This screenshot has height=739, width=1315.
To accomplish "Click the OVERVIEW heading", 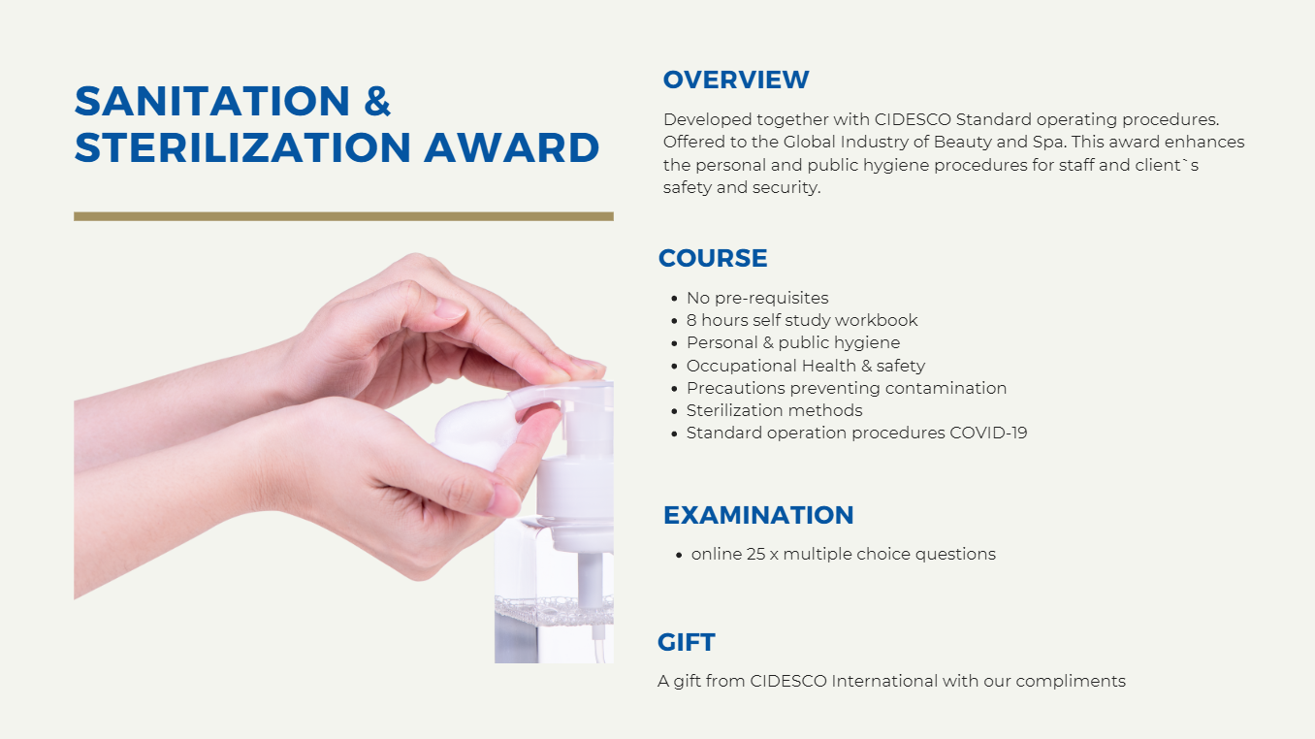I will click(735, 80).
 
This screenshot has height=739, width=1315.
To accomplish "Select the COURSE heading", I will click(713, 258).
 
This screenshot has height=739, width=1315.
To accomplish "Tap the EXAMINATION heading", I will click(758, 515).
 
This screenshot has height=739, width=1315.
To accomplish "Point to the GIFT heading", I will click(687, 642).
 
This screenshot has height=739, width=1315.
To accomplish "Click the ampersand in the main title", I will click(377, 102).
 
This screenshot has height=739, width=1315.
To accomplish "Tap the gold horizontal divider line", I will click(343, 216).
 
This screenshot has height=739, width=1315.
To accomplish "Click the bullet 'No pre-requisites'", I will click(757, 298).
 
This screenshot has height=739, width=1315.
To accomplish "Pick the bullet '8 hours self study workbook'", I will click(802, 320).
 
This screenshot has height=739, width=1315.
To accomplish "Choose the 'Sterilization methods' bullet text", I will click(774, 410).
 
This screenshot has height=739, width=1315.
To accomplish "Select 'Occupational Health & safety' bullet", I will click(806, 366).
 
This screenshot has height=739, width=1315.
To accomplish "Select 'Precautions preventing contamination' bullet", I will click(847, 388).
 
